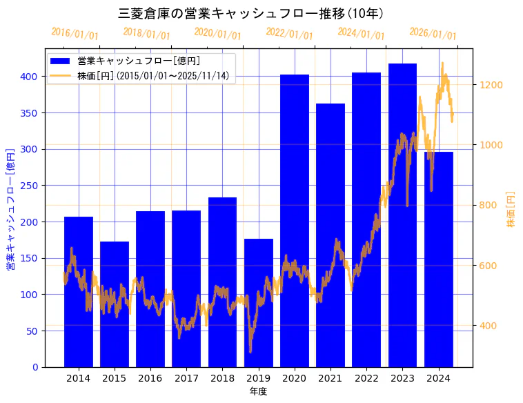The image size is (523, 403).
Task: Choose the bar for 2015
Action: pos(115,304)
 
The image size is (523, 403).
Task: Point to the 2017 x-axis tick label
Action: pos(186,378)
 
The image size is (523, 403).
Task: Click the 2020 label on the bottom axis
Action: pos(295,378)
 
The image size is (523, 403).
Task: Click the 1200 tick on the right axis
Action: pos(492,85)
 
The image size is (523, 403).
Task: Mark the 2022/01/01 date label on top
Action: pos(289,34)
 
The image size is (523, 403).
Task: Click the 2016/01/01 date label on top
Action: pos(75,34)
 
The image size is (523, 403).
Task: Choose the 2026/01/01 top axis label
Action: pos(433,34)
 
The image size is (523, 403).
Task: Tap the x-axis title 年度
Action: pos(258,391)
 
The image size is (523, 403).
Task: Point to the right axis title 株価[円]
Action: pos(511,210)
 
